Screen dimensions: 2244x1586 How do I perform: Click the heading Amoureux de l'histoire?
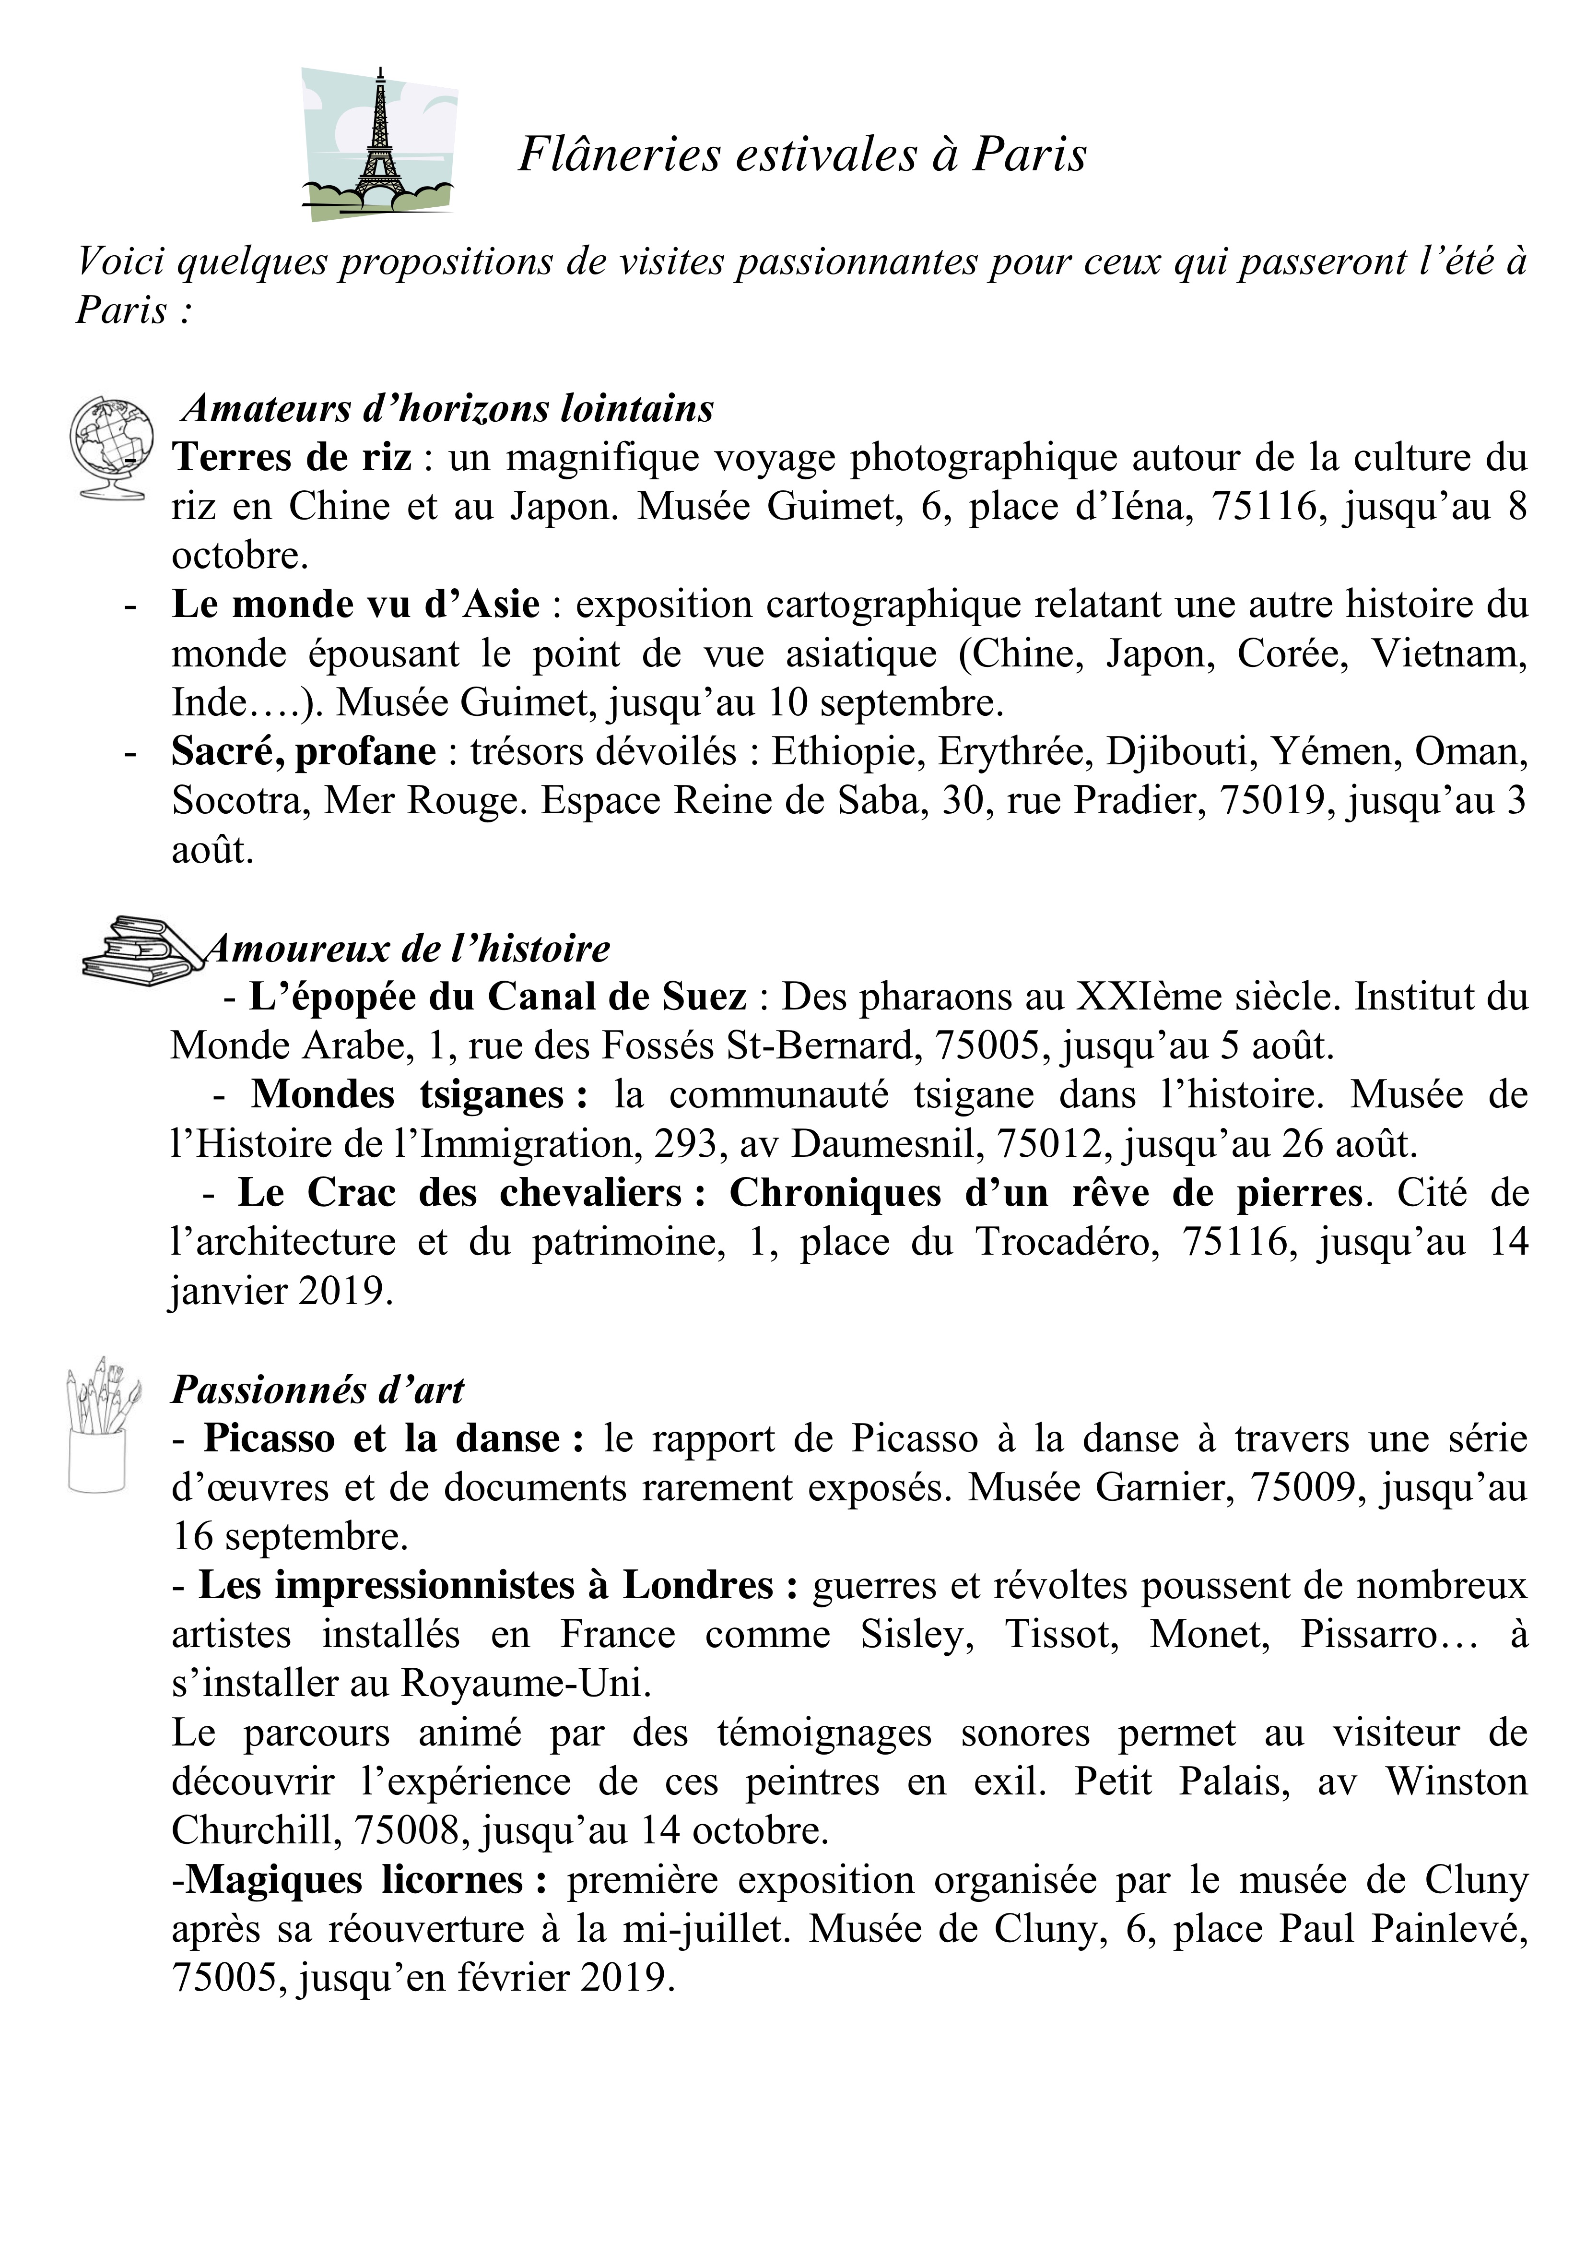click(409, 948)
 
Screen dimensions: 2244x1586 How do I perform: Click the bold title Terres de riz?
click(291, 457)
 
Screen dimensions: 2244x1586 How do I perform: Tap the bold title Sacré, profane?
click(304, 751)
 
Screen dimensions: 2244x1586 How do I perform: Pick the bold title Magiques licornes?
click(355, 1879)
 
